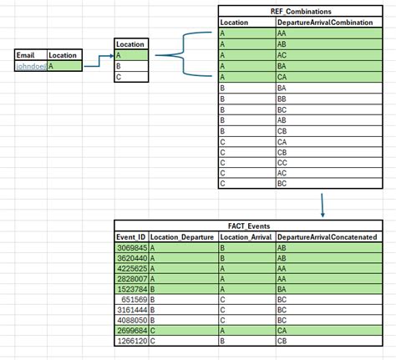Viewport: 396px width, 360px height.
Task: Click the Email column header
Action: (26, 55)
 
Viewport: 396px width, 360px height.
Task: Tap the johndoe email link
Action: (31, 65)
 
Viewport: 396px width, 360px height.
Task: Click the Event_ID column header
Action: (131, 238)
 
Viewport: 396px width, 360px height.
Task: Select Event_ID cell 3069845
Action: (131, 248)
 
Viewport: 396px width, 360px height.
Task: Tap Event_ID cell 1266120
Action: (131, 342)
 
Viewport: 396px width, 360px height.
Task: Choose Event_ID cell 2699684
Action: (131, 331)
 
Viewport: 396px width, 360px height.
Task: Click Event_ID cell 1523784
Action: (131, 287)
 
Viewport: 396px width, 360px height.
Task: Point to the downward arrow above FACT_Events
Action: (321, 205)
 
